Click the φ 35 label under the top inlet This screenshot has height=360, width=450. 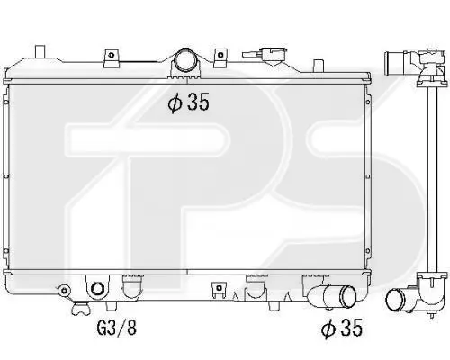point(188,103)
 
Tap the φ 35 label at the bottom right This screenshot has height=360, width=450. point(342,327)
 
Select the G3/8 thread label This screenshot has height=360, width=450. point(117,328)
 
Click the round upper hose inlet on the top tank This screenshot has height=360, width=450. point(184,60)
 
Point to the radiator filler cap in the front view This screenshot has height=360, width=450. point(274,56)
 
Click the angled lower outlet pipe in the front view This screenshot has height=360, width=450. point(331,296)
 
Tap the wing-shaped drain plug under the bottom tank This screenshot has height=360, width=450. point(80,309)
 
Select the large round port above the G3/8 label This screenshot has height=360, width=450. point(97,289)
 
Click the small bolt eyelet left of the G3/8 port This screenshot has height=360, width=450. point(64,290)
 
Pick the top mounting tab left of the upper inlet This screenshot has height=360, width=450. point(112,58)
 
